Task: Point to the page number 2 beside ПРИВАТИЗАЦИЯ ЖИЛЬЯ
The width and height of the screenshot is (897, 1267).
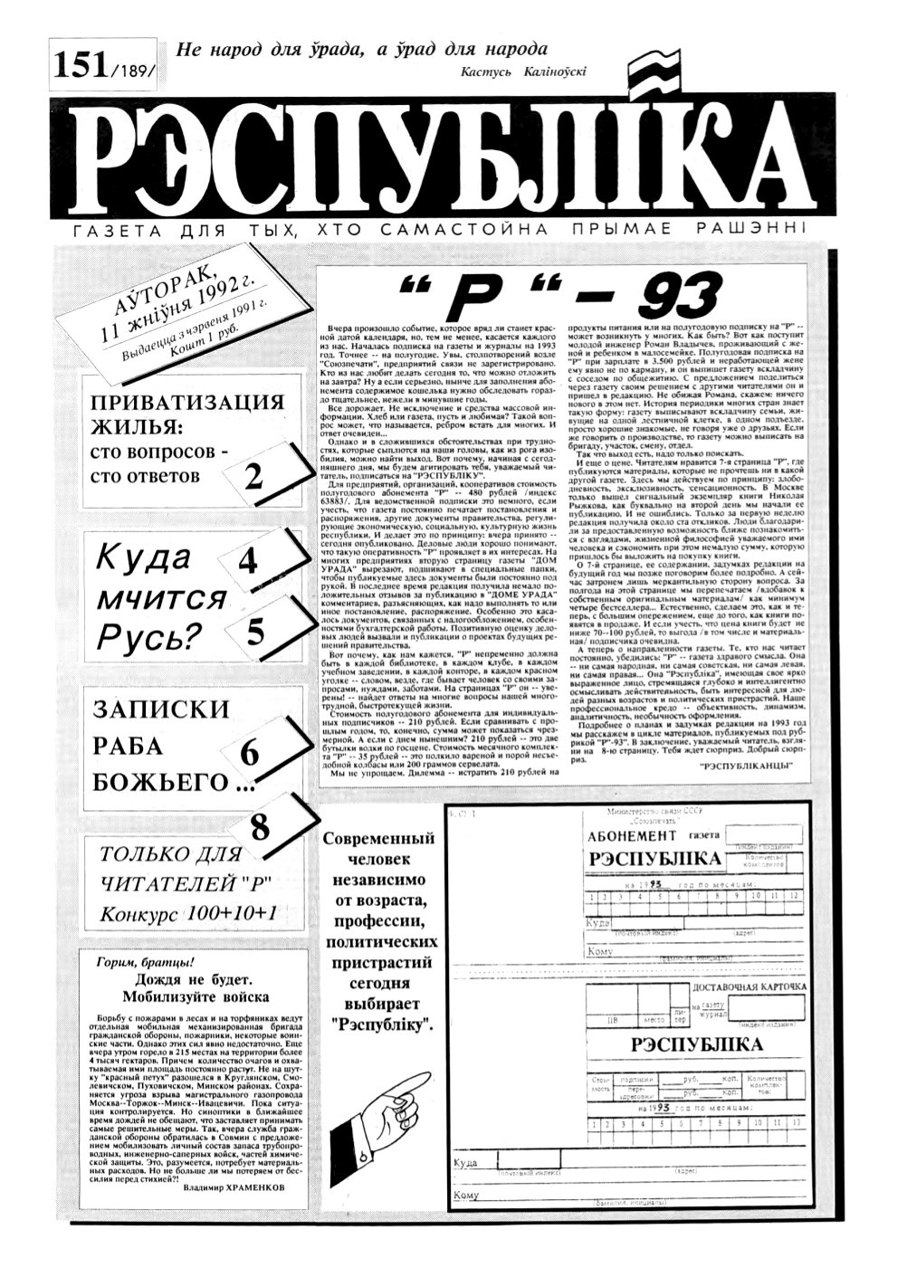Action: pos(254,474)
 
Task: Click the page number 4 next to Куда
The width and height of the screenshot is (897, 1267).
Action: pos(247,563)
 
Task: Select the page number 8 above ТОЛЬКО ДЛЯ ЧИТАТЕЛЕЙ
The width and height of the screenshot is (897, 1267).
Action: pos(260,825)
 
